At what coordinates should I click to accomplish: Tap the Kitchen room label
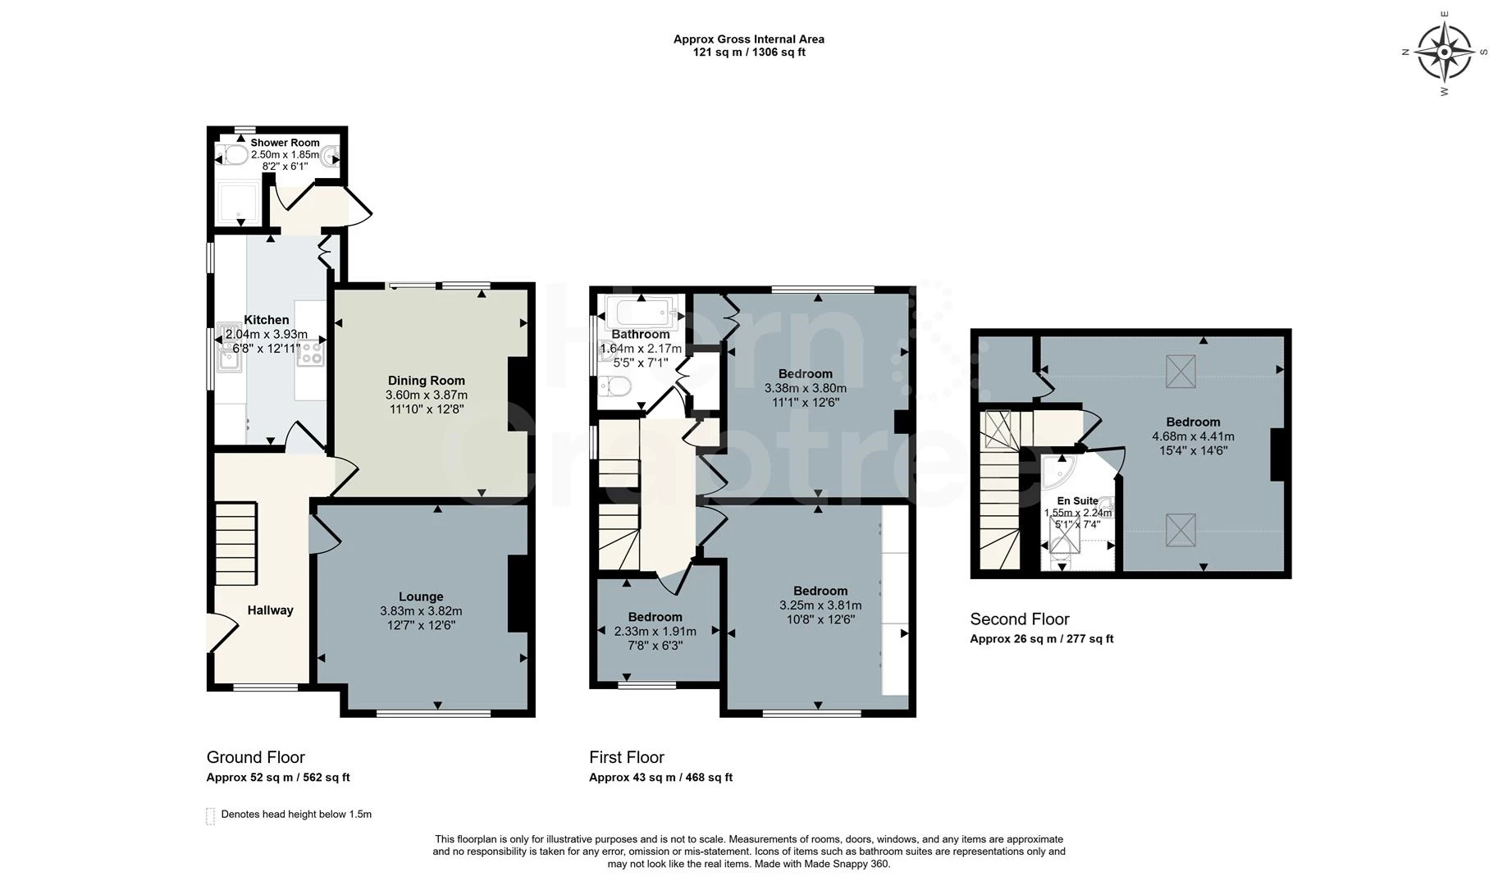(x=267, y=320)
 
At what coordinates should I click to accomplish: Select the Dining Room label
(x=427, y=381)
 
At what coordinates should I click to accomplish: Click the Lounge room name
(x=421, y=597)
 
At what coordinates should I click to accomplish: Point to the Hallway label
(x=271, y=610)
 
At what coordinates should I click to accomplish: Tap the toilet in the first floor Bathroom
(x=614, y=386)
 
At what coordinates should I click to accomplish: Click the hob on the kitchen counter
(x=311, y=354)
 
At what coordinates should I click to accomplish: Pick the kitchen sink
(x=228, y=348)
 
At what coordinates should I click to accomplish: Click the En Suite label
(x=1077, y=501)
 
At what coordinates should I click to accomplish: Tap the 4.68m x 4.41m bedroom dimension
(x=1194, y=436)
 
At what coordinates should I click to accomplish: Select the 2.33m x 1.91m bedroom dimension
(x=655, y=632)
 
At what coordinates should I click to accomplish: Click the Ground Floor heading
(x=256, y=757)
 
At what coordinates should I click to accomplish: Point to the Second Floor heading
(x=1020, y=619)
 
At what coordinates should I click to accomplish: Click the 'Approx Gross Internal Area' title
(x=749, y=39)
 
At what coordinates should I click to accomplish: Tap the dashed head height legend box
(x=210, y=816)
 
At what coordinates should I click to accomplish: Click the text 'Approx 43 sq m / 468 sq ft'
(x=661, y=778)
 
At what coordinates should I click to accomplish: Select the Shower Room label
(x=285, y=143)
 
